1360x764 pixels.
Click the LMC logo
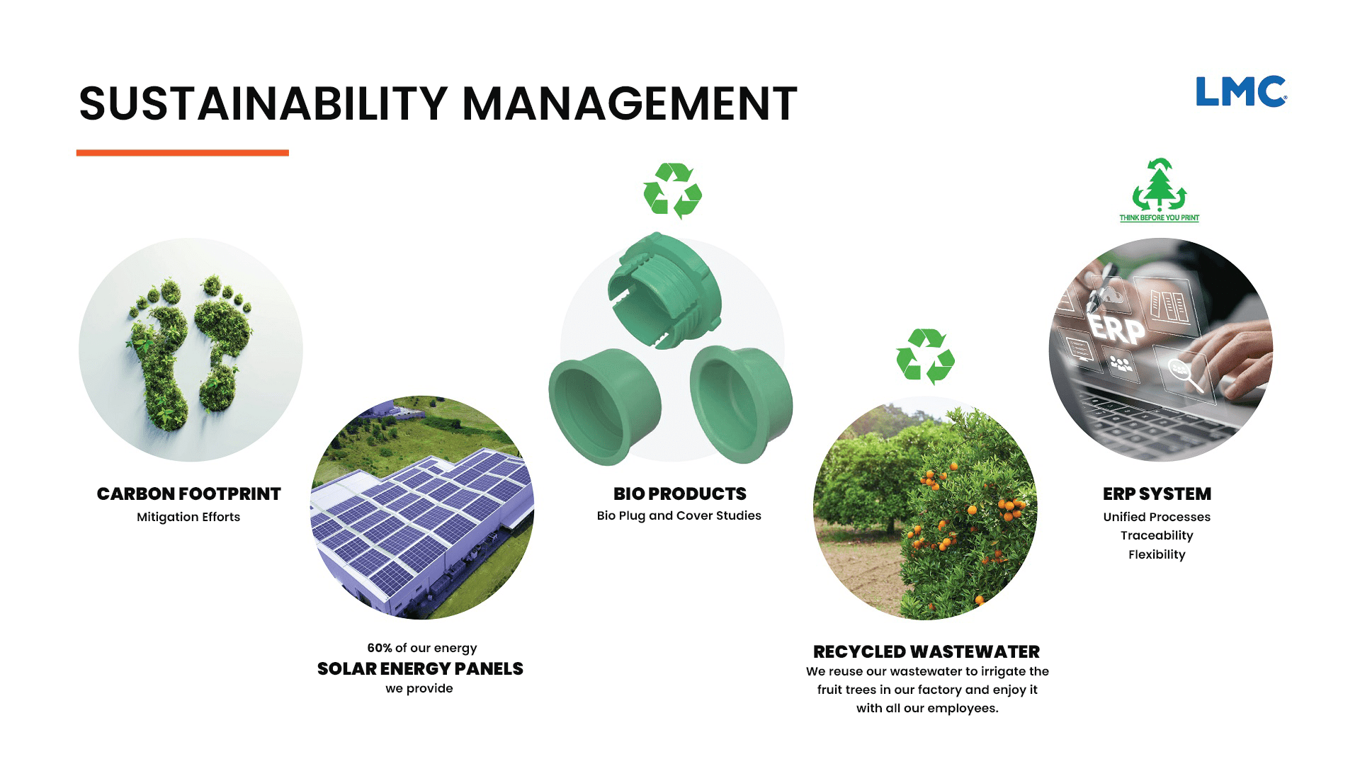1241,91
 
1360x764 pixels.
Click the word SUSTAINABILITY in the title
263,103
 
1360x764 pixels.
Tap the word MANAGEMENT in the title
630,103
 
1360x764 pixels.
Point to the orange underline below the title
183,152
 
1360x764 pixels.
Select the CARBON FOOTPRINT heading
189,494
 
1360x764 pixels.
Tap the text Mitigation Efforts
188,517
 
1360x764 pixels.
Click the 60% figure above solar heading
380,648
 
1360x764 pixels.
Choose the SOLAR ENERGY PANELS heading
420,668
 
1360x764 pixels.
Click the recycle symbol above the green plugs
672,190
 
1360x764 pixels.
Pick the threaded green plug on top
664,290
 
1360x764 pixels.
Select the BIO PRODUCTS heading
680,494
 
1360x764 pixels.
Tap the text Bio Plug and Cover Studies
679,515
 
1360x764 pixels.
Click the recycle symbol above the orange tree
925,356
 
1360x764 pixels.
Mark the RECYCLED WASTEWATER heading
926,651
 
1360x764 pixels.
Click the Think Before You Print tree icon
1160,185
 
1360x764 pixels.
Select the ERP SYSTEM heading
1157,494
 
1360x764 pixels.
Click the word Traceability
1157,535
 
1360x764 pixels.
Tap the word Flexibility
1157,554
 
